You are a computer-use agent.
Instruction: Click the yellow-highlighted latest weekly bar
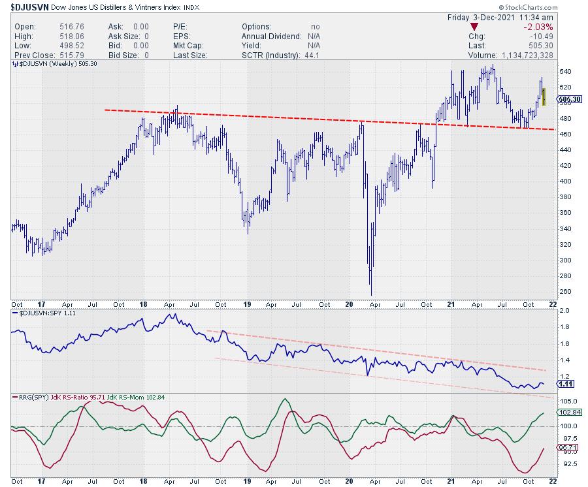[544, 95]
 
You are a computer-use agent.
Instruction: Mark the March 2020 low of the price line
[371, 294]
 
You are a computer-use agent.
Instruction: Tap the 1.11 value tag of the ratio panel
[565, 385]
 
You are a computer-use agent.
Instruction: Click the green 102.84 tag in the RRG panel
[567, 413]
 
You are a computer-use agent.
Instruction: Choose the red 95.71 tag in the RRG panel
[566, 447]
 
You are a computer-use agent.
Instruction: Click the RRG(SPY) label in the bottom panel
[28, 397]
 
